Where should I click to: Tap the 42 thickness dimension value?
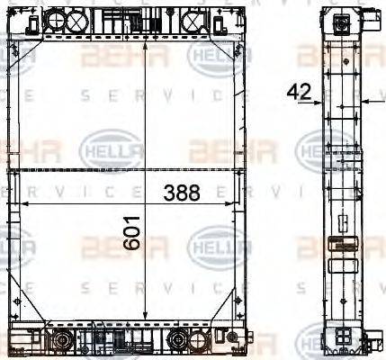tap(300, 92)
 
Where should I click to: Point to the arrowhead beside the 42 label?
tap(318, 103)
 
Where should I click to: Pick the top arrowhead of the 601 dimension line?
tap(146, 41)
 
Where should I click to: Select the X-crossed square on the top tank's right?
tap(194, 20)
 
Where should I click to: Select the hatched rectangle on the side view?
tap(340, 240)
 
